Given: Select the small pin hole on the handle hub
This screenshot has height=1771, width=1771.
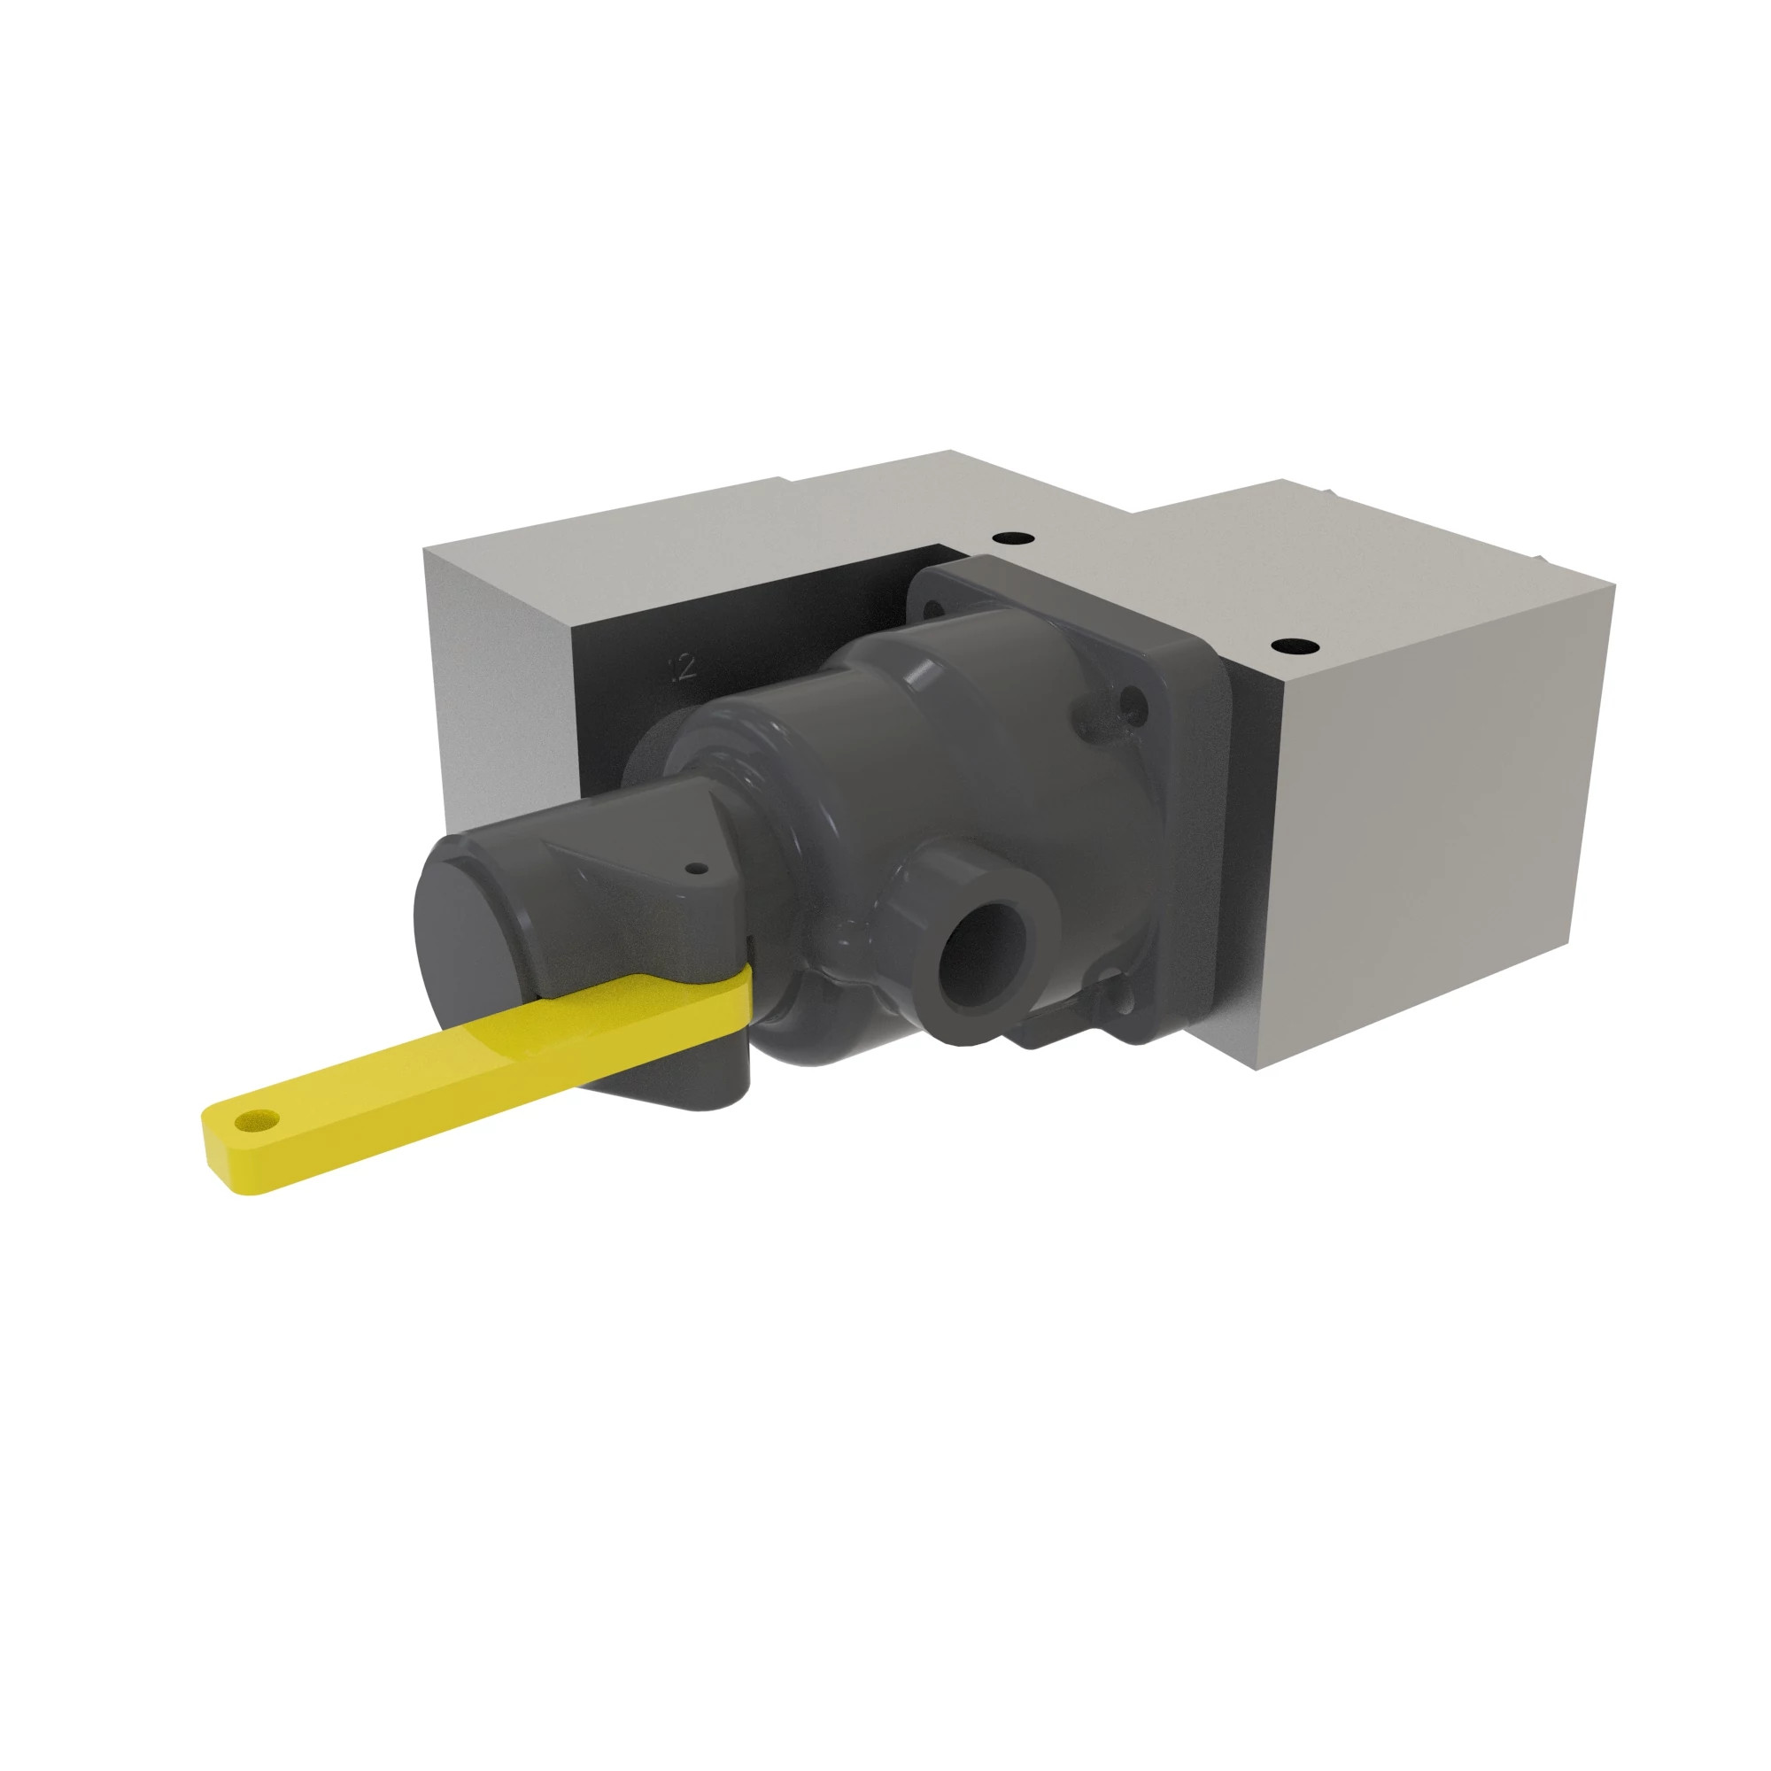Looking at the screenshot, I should click(x=699, y=867).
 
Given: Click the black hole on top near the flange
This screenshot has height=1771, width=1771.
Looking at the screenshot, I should click(x=1015, y=538).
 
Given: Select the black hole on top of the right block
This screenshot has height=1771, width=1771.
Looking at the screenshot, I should click(x=1294, y=646).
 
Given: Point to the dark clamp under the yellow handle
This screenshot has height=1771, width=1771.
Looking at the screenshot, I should click(x=678, y=1082).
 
